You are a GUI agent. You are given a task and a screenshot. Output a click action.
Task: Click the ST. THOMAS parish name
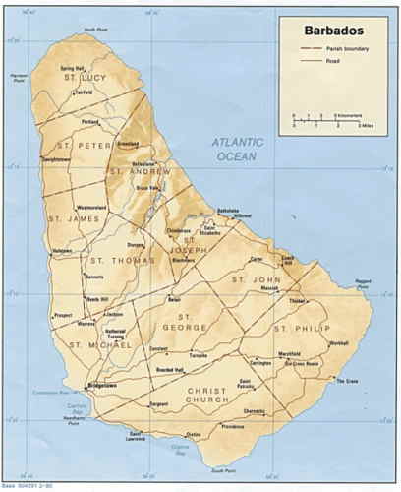112,261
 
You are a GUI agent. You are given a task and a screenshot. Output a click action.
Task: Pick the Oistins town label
193,434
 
